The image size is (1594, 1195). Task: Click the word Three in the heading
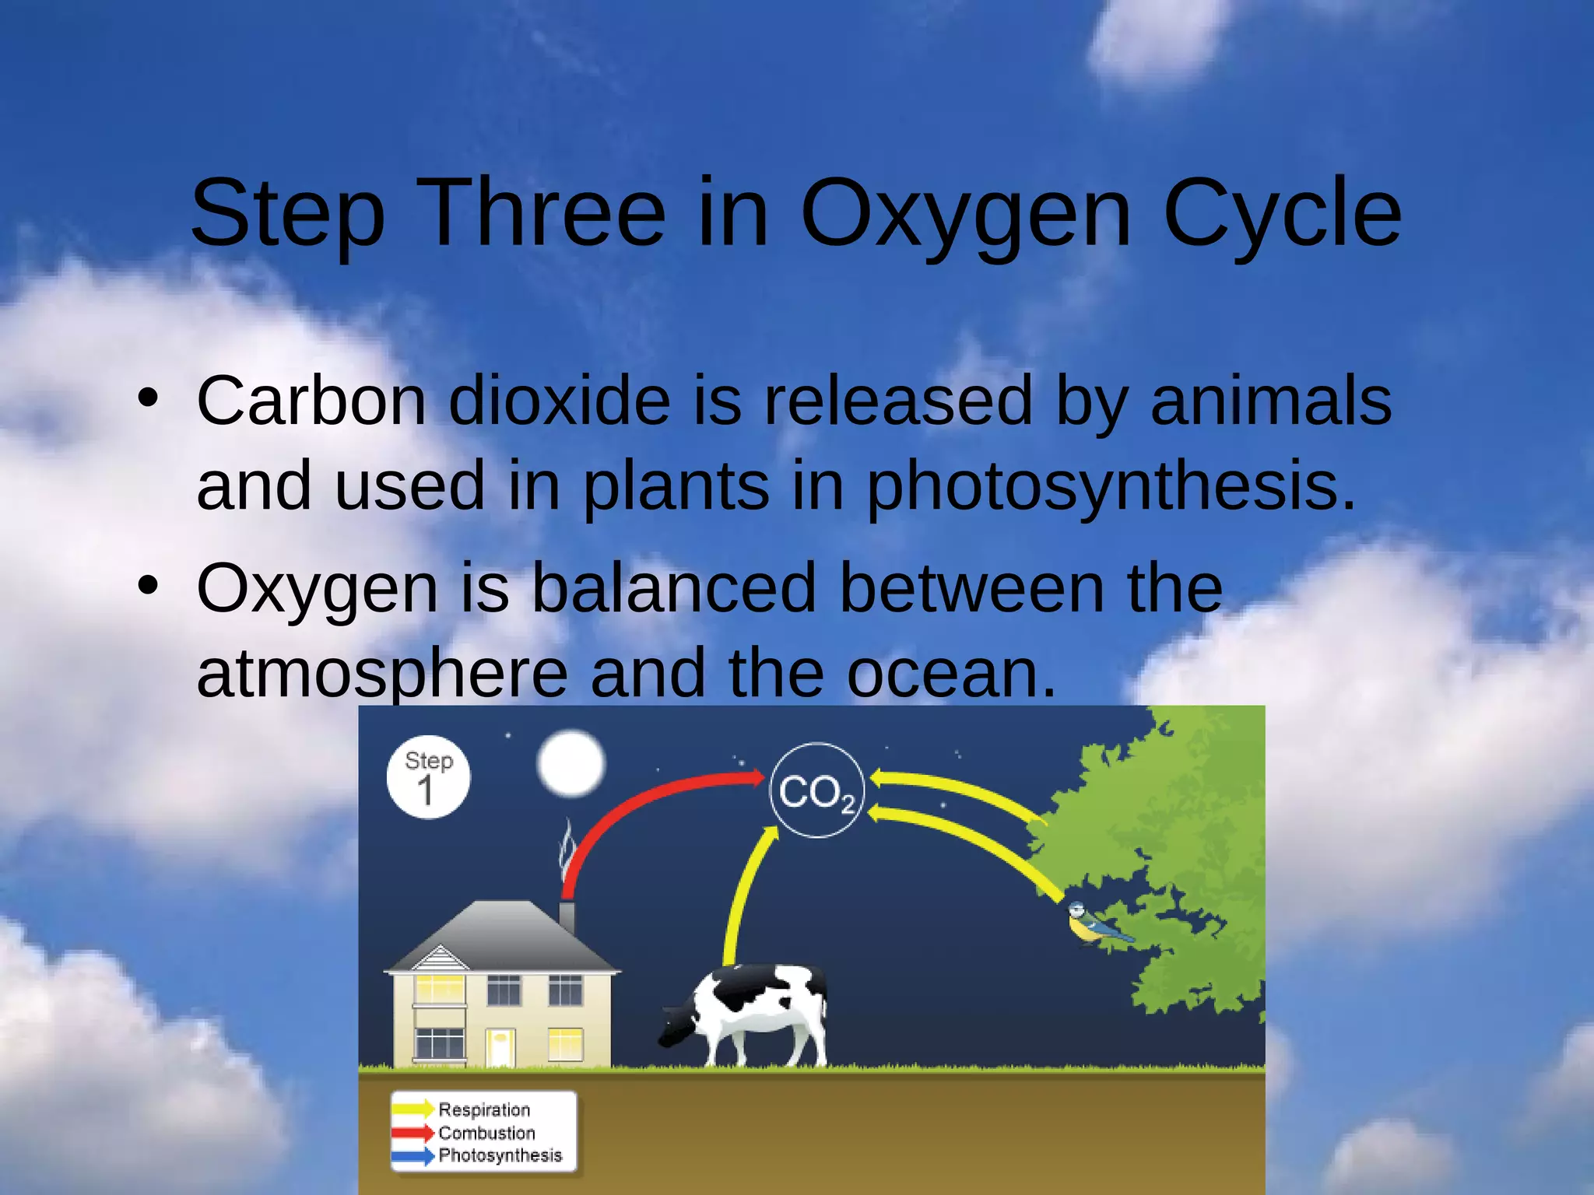(545, 212)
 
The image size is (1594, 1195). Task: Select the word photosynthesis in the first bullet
(1111, 486)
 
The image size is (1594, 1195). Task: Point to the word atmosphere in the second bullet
(382, 673)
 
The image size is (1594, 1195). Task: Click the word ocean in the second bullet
(951, 673)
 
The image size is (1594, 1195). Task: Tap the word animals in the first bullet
(1271, 401)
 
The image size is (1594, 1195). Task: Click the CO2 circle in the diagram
(816, 790)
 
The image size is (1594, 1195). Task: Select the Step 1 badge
(428, 776)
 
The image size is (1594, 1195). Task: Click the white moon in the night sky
(571, 763)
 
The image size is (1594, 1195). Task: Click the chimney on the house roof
(567, 916)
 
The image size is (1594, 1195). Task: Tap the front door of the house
(500, 1047)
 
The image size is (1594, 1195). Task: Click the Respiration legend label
(484, 1109)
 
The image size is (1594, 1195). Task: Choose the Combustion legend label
(486, 1133)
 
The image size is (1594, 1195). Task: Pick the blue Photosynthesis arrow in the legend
(413, 1156)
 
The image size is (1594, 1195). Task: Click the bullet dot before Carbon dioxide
(148, 398)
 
